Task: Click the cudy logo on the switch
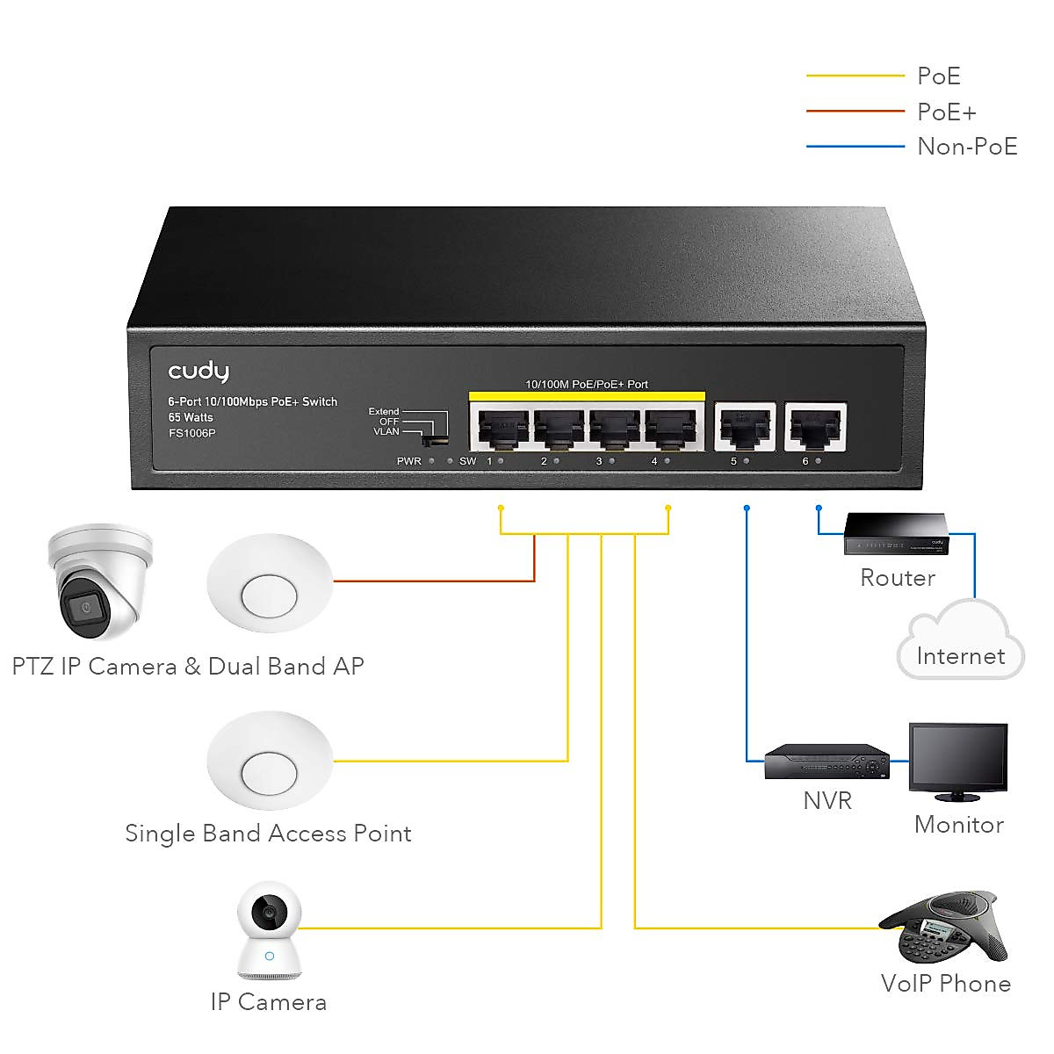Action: click(x=199, y=372)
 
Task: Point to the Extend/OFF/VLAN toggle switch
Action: click(x=436, y=429)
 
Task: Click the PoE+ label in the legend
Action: click(x=946, y=112)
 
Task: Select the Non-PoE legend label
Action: click(x=967, y=147)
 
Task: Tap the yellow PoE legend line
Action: click(x=855, y=76)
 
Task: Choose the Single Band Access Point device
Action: click(x=270, y=761)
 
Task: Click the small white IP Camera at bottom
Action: click(x=269, y=932)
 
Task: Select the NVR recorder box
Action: click(x=827, y=762)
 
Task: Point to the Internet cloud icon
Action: click(x=960, y=646)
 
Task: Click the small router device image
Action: click(x=896, y=532)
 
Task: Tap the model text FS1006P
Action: click(x=191, y=433)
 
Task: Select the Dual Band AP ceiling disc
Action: click(x=270, y=583)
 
